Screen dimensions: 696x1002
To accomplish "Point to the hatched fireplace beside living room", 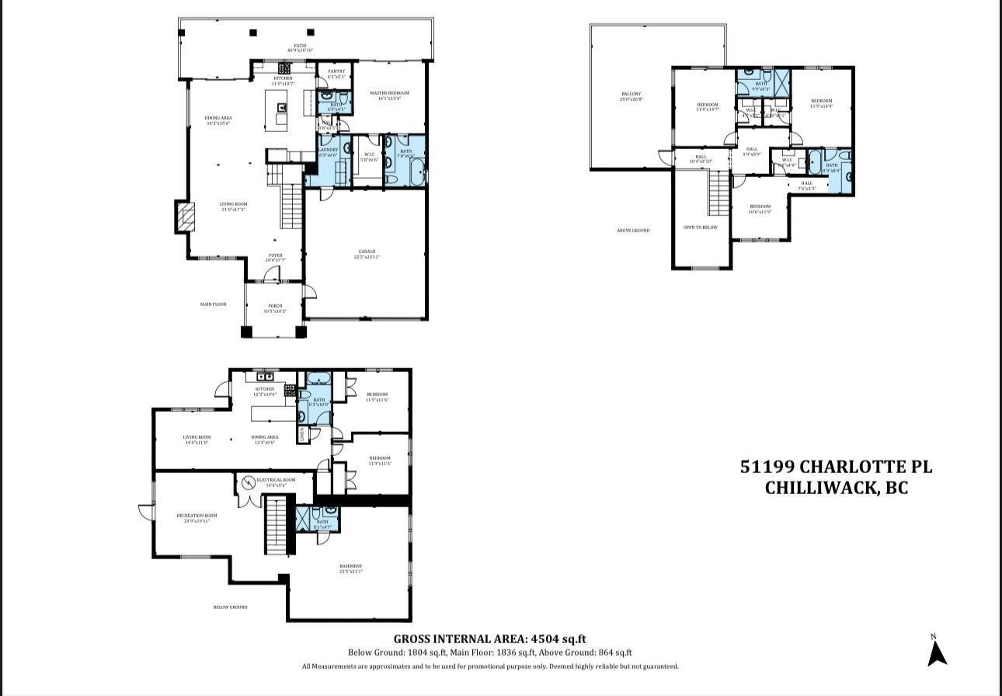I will click(183, 217).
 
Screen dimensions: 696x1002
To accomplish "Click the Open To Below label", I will click(700, 228).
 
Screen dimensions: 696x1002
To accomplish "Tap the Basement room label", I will click(350, 568).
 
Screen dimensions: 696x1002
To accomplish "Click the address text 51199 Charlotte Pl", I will click(836, 467).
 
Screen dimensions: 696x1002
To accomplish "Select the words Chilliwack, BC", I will click(836, 488).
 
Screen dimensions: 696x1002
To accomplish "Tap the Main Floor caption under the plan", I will click(213, 304).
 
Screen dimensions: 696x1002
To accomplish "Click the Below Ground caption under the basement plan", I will click(230, 607).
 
